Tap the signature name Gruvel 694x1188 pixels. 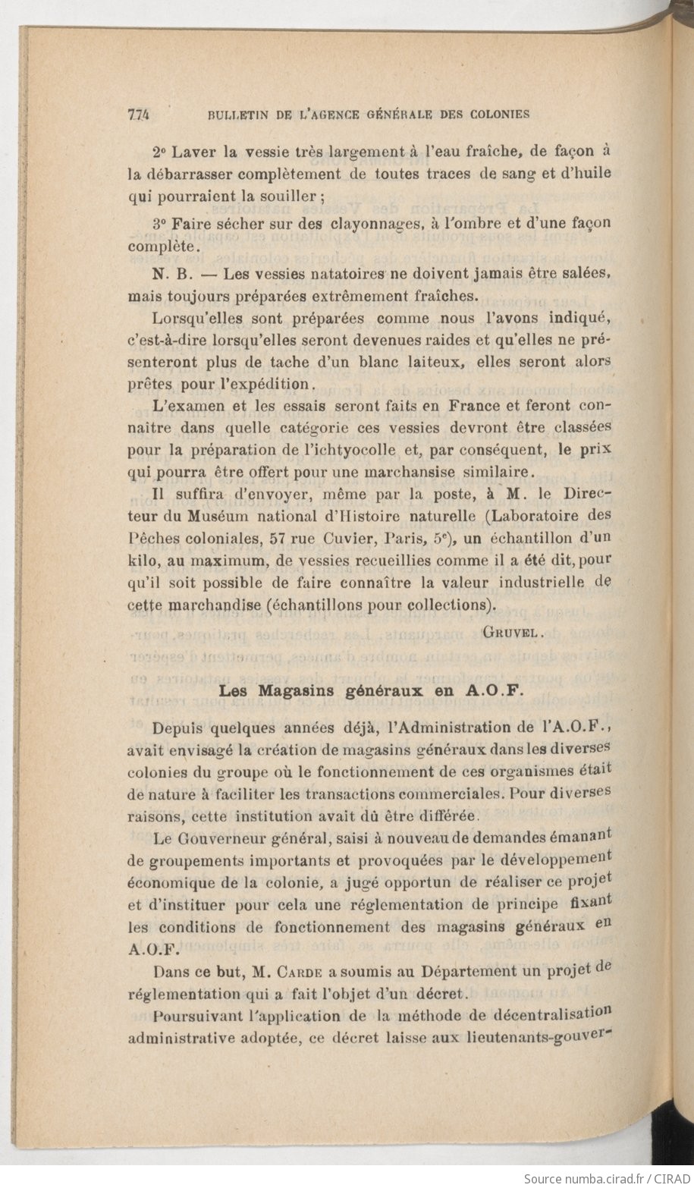click(510, 630)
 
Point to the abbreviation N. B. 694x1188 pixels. click(165, 273)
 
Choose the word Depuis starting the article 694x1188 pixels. click(178, 728)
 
